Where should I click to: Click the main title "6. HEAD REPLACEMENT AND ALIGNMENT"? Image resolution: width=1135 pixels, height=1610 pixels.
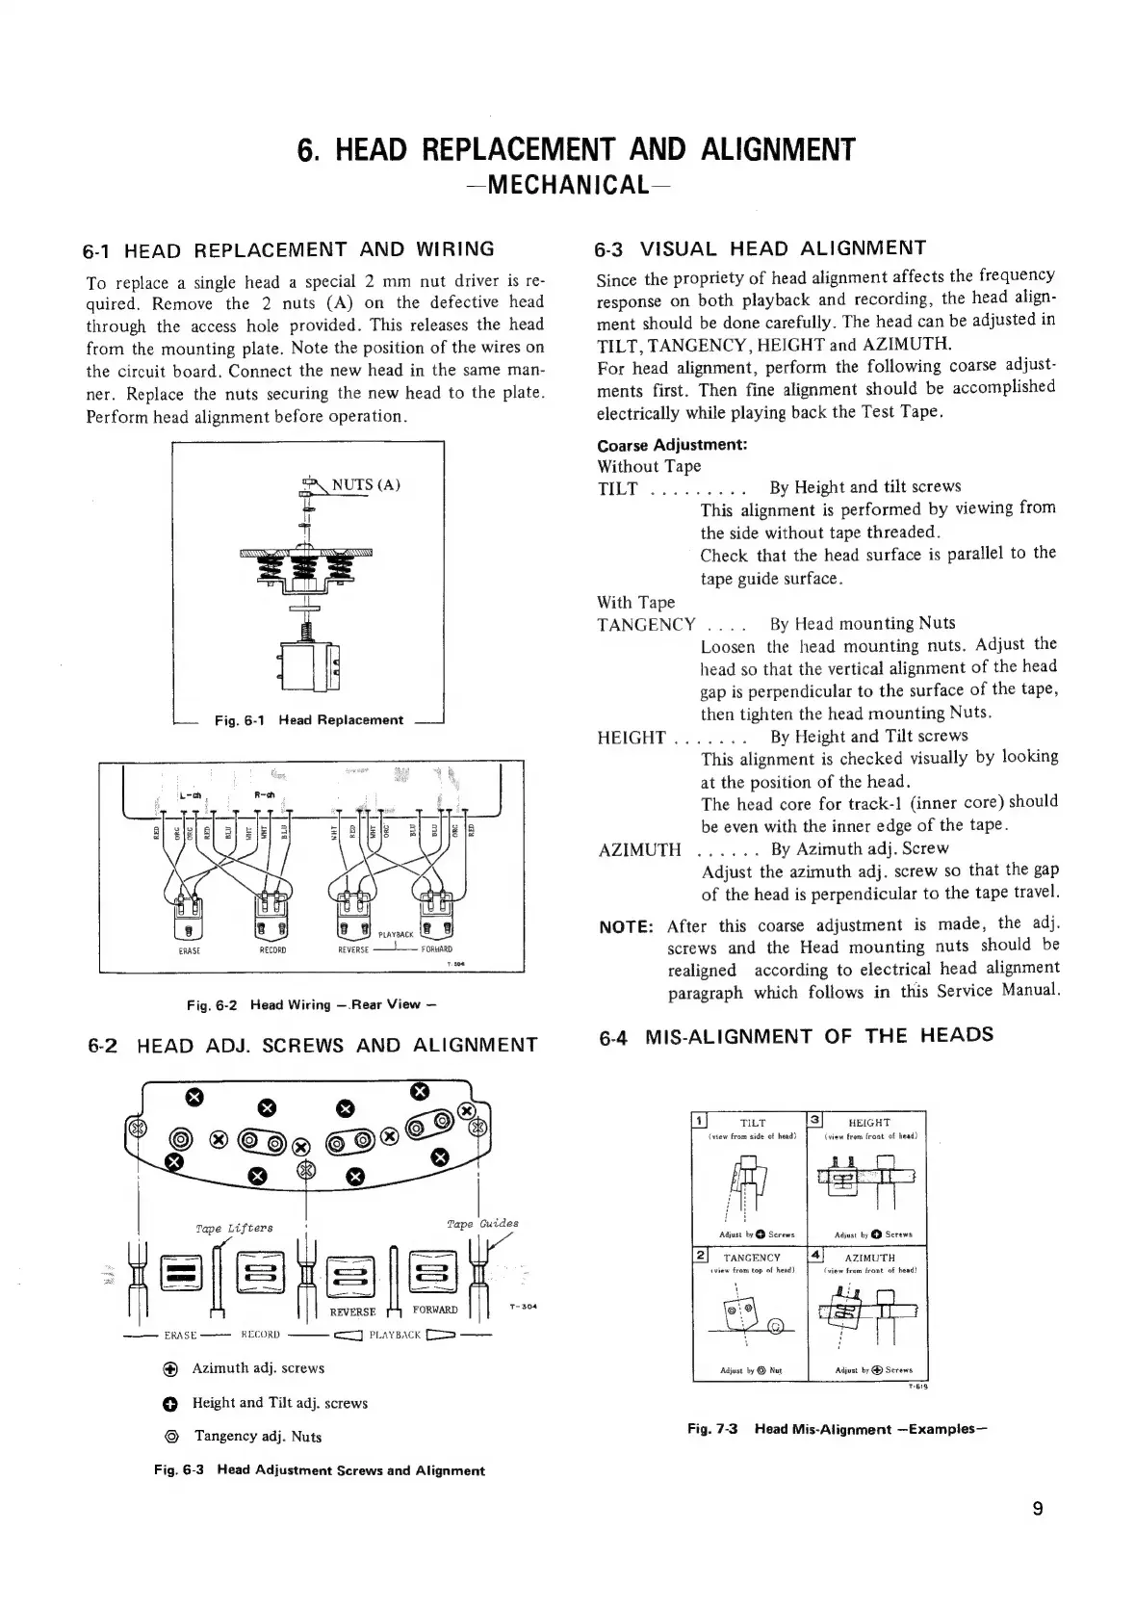[576, 150]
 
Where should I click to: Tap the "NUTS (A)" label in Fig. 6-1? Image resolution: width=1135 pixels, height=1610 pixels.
[366, 484]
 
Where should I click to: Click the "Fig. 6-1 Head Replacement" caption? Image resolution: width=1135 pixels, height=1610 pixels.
[308, 720]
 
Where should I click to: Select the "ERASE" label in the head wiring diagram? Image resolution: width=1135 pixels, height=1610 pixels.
[189, 950]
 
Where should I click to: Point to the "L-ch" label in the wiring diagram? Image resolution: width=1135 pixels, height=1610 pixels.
[190, 795]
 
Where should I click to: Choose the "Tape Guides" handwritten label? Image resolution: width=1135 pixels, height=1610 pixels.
[482, 1223]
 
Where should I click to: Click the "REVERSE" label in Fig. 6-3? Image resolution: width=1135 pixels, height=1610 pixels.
[352, 1312]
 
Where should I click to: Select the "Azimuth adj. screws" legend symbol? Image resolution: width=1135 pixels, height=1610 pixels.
[168, 1368]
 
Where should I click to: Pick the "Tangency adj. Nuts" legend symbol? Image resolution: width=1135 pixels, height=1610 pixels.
[169, 1436]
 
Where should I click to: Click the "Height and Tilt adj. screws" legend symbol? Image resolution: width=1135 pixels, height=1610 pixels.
[168, 1403]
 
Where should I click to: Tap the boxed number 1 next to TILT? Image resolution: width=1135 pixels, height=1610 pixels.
[700, 1119]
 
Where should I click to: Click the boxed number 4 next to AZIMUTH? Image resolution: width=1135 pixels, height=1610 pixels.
[816, 1255]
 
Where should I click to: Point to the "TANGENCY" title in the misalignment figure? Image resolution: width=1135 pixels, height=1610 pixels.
[752, 1258]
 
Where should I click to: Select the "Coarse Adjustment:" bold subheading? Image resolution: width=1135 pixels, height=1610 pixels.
[672, 445]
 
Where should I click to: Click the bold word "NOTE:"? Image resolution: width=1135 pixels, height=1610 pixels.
[627, 927]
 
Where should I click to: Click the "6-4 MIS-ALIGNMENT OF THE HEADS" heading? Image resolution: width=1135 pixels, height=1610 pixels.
[795, 1036]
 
